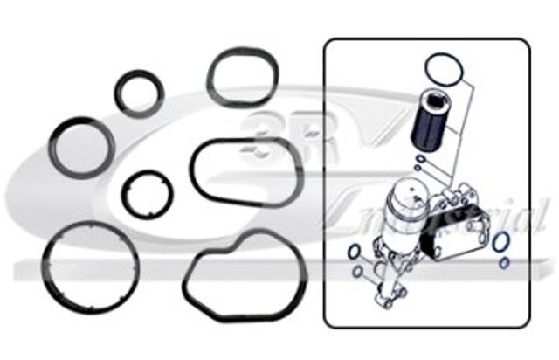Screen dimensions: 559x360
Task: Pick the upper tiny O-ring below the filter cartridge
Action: click(421, 159)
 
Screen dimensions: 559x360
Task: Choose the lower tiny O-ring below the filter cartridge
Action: click(418, 167)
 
